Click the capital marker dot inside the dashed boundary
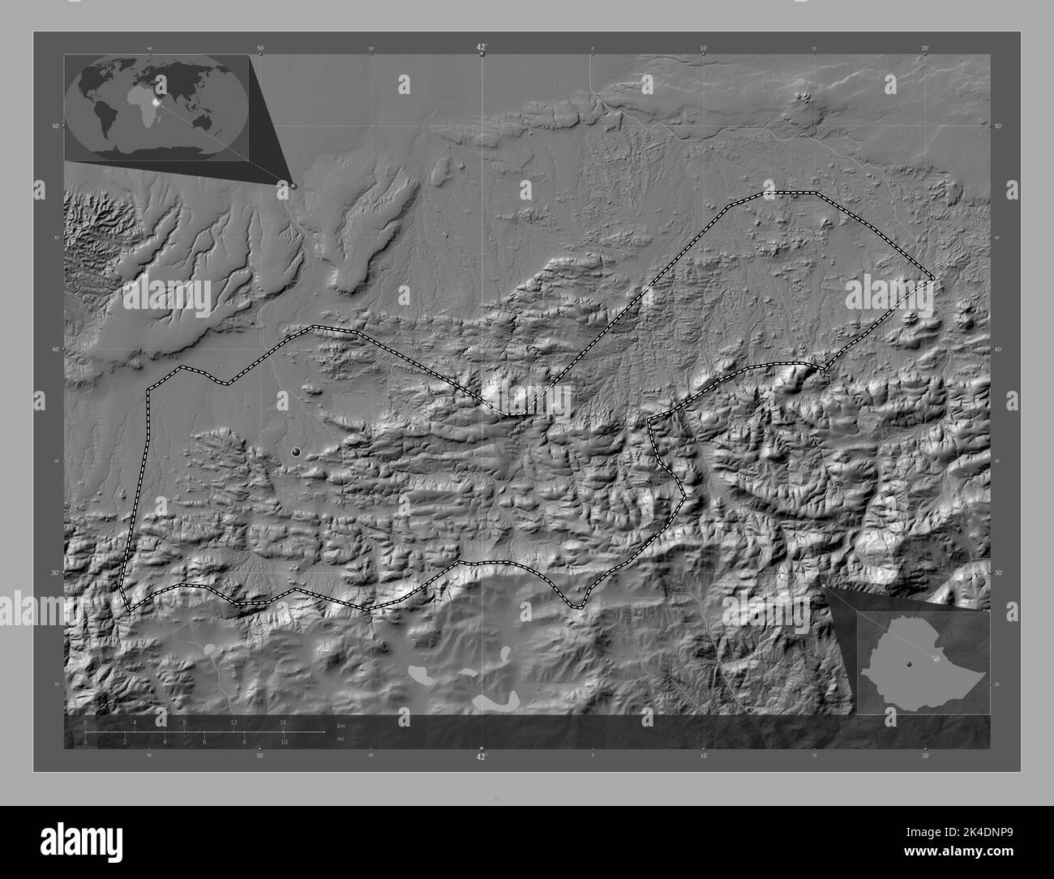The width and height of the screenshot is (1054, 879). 296,452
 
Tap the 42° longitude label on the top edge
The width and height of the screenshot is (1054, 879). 482,49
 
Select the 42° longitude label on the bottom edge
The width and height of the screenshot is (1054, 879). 482,757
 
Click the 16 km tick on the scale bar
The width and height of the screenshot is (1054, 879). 283,722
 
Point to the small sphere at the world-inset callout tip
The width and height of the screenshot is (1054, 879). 293,186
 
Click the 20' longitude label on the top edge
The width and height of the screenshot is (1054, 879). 925,49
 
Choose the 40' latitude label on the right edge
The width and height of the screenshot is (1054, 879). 1000,349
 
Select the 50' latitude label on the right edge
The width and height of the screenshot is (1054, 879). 1000,126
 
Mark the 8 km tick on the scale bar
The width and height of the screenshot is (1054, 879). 184,722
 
